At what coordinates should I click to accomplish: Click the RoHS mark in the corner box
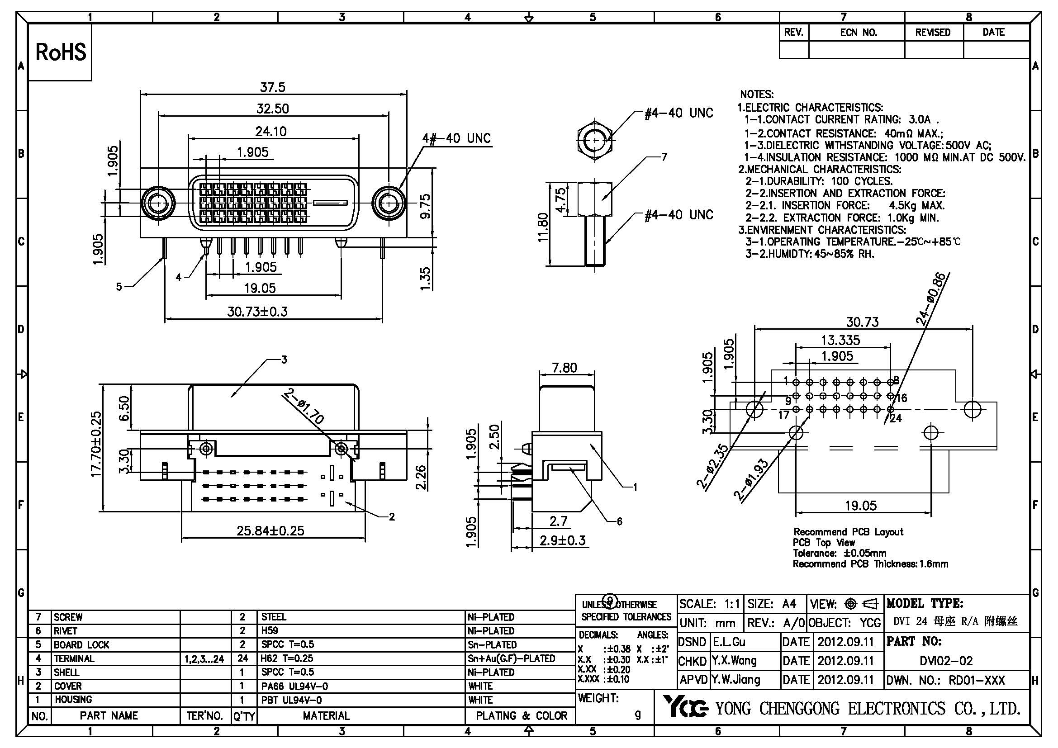pyautogui.click(x=60, y=52)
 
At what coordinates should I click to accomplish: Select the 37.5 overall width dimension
pyautogui.click(x=272, y=86)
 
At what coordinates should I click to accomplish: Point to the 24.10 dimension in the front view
pyautogui.click(x=271, y=131)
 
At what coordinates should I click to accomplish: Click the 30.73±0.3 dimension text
pyautogui.click(x=257, y=312)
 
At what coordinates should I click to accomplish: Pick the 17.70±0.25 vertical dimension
pyautogui.click(x=96, y=444)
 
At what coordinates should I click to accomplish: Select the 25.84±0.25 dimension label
pyautogui.click(x=270, y=530)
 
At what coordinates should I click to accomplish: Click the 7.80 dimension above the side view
pyautogui.click(x=564, y=368)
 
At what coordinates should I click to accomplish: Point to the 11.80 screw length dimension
pyautogui.click(x=543, y=227)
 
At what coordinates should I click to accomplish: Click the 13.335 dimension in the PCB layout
pyautogui.click(x=840, y=340)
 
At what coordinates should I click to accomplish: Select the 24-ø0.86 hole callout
pyautogui.click(x=931, y=299)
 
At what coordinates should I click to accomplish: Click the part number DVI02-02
pyautogui.click(x=946, y=661)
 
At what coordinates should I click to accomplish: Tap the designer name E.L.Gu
pyautogui.click(x=729, y=642)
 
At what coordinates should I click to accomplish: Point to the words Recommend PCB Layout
pyautogui.click(x=848, y=532)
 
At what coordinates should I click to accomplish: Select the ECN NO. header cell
pyautogui.click(x=858, y=33)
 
